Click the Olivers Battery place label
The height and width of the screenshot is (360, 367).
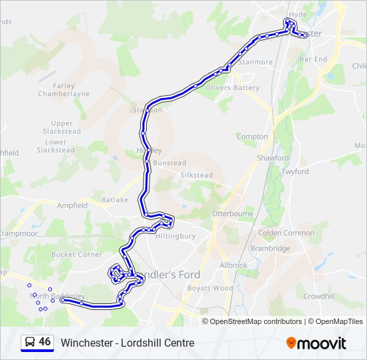pyautogui.click(x=232, y=88)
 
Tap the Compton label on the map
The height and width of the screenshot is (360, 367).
pyautogui.click(x=252, y=137)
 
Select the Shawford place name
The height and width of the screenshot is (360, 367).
pyautogui.click(x=273, y=158)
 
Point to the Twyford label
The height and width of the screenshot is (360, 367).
pyautogui.click(x=295, y=171)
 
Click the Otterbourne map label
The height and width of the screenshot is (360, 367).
pyautogui.click(x=232, y=213)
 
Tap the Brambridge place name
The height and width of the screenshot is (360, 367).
pyautogui.click(x=270, y=249)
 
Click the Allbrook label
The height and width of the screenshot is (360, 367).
pyautogui.click(x=234, y=265)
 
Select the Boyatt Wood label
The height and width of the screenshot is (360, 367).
pyautogui.click(x=210, y=288)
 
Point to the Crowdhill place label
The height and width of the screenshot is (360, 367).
pyautogui.click(x=319, y=295)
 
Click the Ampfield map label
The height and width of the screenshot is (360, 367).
pyautogui.click(x=72, y=205)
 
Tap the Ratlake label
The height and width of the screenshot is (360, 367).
pyautogui.click(x=115, y=200)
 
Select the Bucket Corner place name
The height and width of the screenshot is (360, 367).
pyautogui.click(x=77, y=255)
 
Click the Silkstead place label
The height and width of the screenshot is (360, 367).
pyautogui.click(x=196, y=175)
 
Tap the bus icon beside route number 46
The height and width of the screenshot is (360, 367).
pyautogui.click(x=30, y=343)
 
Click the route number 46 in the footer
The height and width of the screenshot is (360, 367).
pyautogui.click(x=45, y=342)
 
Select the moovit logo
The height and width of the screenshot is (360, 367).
pyautogui.click(x=316, y=343)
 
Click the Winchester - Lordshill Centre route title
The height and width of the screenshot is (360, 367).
pyautogui.click(x=127, y=343)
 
